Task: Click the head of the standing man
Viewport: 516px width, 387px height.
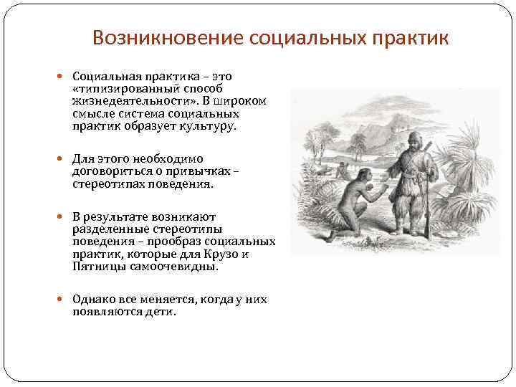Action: click(x=414, y=138)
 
